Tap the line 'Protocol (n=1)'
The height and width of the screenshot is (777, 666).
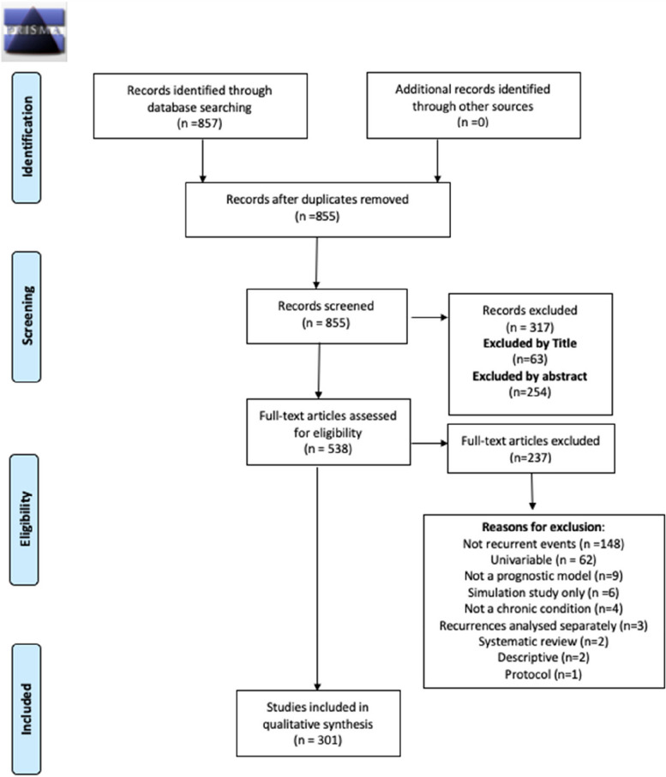tap(543, 673)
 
